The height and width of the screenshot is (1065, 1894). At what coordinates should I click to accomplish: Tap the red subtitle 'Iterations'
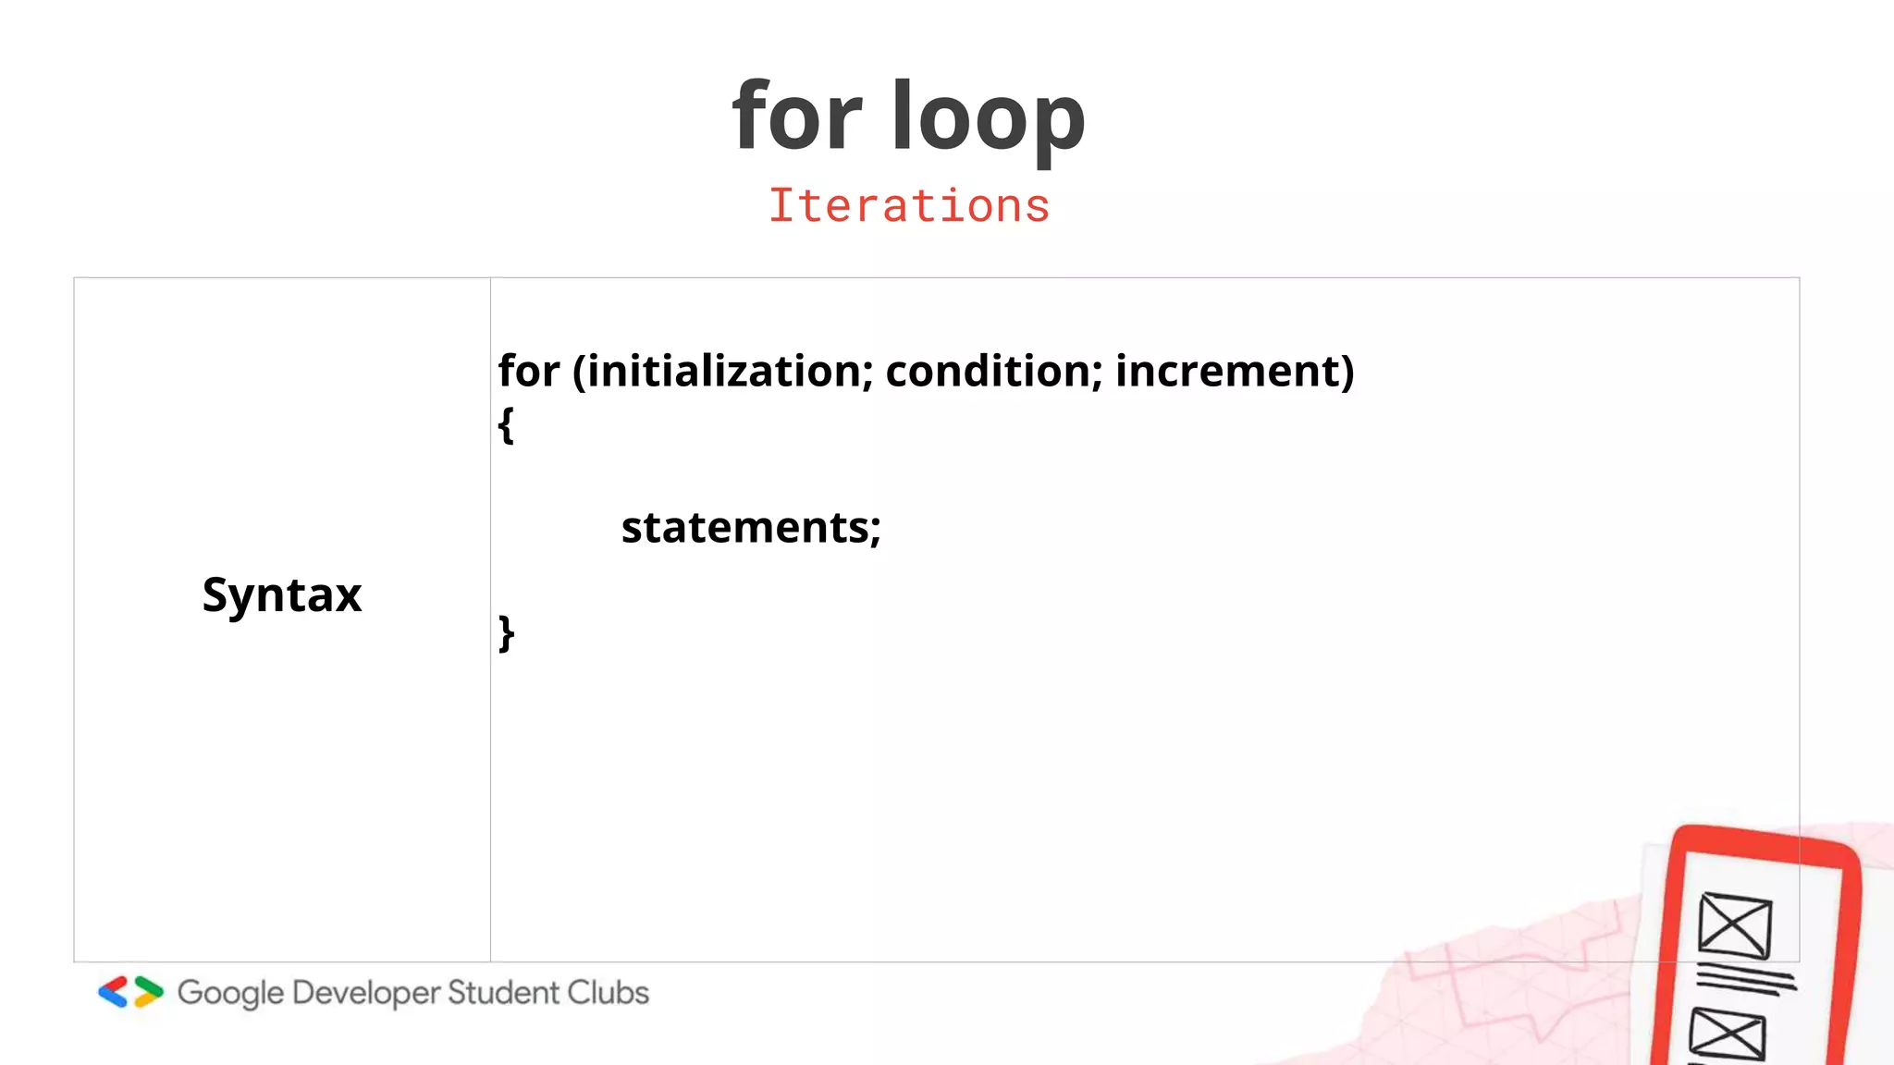[x=909, y=205]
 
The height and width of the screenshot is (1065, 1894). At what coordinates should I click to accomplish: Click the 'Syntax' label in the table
[x=282, y=594]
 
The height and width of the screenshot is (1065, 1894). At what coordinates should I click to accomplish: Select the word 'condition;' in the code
[x=994, y=371]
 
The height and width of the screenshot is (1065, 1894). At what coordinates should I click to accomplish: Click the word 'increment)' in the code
[x=1235, y=371]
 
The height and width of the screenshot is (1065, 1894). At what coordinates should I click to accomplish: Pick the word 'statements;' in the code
[x=751, y=528]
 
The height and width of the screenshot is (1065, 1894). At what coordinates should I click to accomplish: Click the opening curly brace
[x=506, y=425]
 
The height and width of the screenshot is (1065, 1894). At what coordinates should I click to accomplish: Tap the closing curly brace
[x=506, y=633]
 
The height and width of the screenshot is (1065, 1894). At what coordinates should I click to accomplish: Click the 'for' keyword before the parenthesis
[x=529, y=371]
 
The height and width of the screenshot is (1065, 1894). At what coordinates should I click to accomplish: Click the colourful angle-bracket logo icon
[x=130, y=992]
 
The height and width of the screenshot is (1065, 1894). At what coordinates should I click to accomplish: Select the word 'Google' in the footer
[x=230, y=994]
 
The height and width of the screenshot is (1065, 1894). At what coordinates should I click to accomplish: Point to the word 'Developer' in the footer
[x=366, y=994]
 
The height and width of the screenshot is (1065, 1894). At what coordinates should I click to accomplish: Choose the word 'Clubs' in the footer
[x=608, y=992]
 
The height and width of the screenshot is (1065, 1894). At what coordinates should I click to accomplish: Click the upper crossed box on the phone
[x=1735, y=924]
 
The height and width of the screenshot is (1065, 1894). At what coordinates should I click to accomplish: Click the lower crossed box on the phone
[x=1728, y=1035]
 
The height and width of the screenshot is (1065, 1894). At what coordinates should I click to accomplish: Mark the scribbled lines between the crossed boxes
[x=1746, y=978]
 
